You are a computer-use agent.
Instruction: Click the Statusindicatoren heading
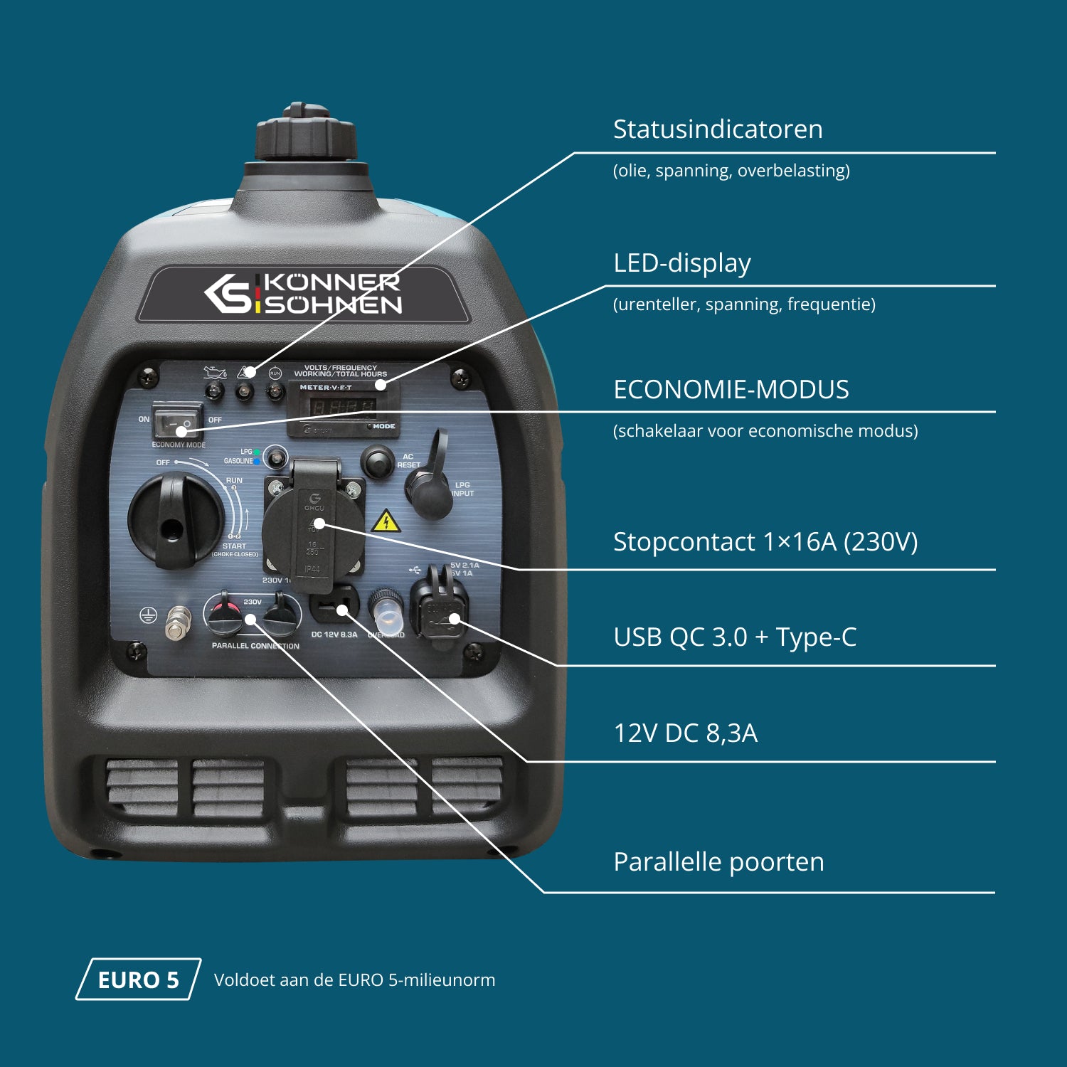(717, 129)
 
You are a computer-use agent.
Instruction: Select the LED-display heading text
(681, 263)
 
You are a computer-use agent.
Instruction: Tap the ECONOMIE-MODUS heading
(731, 390)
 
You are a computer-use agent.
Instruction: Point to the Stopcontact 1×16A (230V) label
(765, 542)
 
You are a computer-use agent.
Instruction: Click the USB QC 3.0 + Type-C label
(734, 637)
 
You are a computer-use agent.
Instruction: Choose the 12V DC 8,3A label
(685, 733)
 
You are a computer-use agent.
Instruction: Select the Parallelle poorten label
(718, 862)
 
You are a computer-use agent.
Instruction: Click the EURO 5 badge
(138, 980)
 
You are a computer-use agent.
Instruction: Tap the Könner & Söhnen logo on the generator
(303, 293)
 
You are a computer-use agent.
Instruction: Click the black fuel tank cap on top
(306, 134)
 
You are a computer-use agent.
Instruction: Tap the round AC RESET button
(377, 461)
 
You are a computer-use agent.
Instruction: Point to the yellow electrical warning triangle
(386, 522)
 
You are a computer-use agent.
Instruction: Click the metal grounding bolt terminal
(178, 622)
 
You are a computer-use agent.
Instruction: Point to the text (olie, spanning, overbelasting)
(731, 171)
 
